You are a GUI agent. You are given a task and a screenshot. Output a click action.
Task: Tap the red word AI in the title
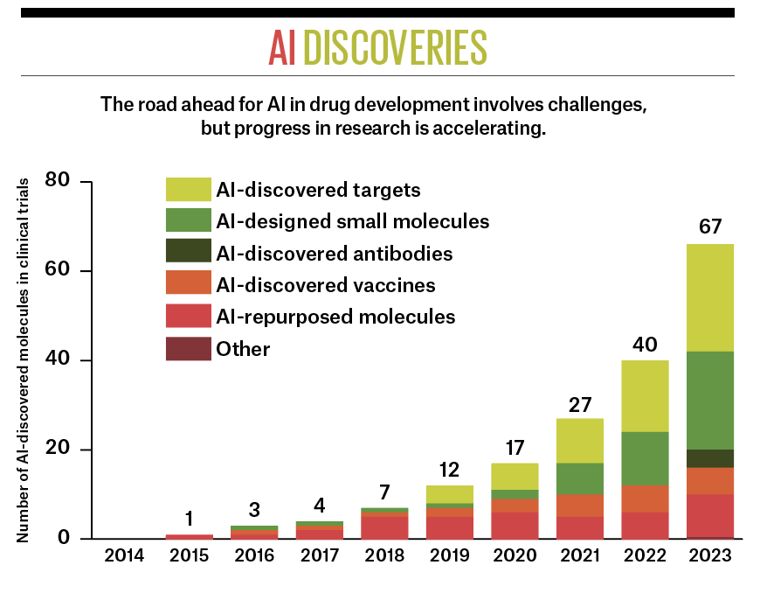pos(282,49)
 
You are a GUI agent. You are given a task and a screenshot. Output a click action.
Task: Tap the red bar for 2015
pos(190,535)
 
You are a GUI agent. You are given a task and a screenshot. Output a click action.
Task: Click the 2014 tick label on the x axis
pos(124,555)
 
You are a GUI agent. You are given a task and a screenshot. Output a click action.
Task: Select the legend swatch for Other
pos(189,349)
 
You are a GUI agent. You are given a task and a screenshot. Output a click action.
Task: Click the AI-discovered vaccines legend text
pos(326,285)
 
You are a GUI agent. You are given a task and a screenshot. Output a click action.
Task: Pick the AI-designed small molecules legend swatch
pos(189,220)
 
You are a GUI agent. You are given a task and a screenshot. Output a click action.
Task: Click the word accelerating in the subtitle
pos(497,129)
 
